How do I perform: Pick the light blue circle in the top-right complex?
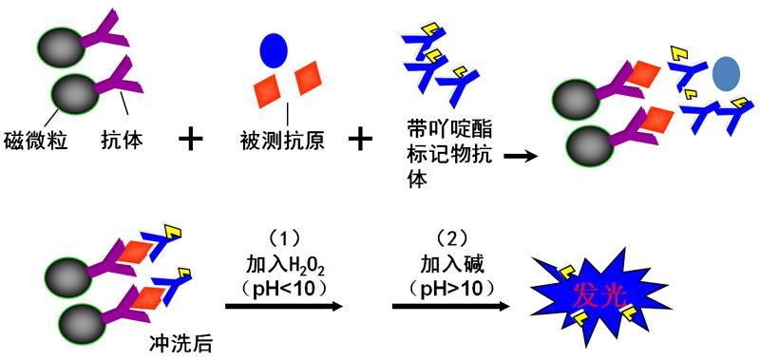point(727,72)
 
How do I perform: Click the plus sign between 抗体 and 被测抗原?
point(192,140)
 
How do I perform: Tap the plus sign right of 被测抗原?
point(359,140)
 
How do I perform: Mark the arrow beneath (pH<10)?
point(283,306)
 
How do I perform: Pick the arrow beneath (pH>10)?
point(450,306)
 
